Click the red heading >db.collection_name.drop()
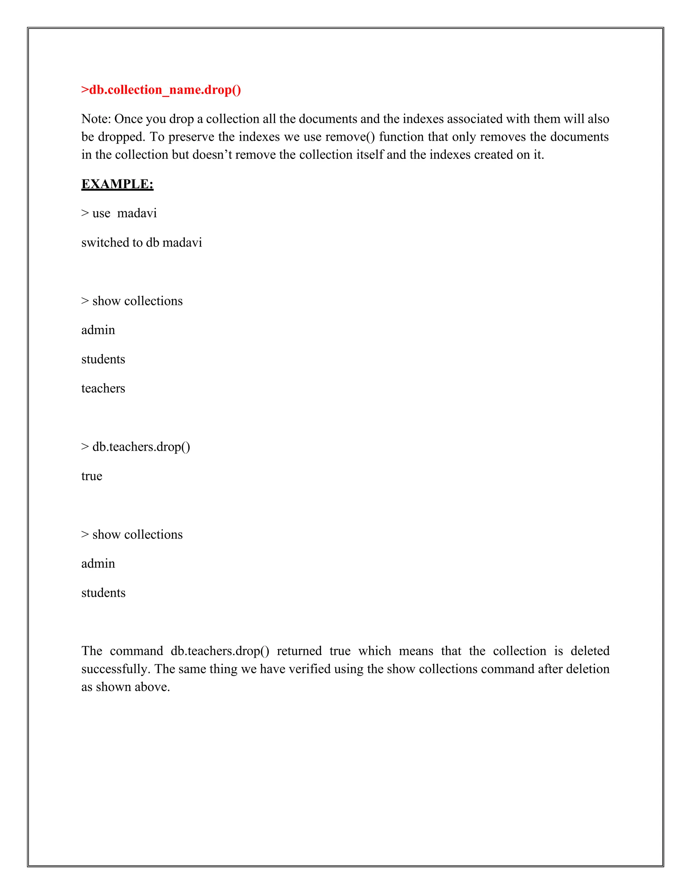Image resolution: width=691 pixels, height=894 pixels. click(161, 90)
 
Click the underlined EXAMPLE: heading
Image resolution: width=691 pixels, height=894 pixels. click(117, 184)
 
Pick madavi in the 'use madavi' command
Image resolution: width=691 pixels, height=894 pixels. click(137, 213)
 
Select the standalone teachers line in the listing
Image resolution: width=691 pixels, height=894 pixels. click(103, 388)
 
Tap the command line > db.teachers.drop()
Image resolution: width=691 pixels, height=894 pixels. click(136, 447)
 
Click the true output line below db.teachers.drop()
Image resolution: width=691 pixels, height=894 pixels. click(92, 476)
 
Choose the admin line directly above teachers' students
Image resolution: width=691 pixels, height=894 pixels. click(98, 330)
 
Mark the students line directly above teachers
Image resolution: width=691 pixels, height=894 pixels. click(103, 359)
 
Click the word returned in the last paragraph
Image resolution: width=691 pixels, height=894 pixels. click(299, 651)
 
